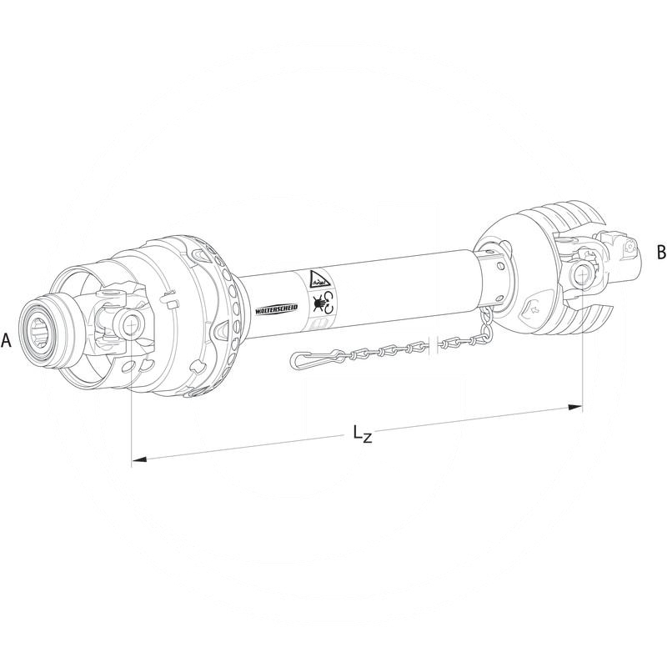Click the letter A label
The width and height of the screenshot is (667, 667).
pos(7,340)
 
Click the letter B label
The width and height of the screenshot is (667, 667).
pos(661,251)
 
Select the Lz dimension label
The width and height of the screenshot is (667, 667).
pos(361,434)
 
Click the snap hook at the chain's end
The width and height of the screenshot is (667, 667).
pos(310,360)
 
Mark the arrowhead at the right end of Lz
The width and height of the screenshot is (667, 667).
pos(574,407)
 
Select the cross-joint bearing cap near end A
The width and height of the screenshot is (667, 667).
pos(128,320)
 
